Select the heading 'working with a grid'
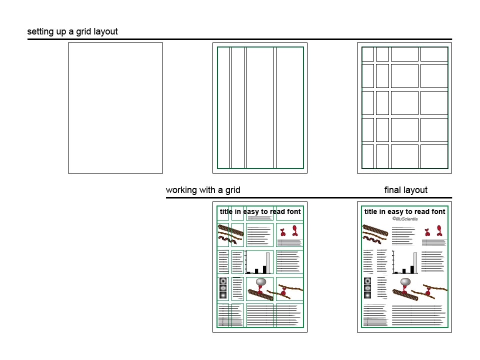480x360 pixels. tap(203, 190)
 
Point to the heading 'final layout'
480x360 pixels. tap(406, 190)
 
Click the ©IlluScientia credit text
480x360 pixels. tap(405, 219)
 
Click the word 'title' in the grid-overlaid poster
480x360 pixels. tap(226, 211)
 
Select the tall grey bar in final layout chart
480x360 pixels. tap(415, 262)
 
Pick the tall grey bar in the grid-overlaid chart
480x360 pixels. tap(268, 262)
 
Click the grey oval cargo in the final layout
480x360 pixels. tap(405, 281)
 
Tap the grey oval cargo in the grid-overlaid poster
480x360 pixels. tap(261, 281)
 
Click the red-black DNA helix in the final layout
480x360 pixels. tap(372, 239)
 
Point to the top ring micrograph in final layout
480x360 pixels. tap(367, 281)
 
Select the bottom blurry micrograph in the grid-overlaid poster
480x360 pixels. tap(223, 295)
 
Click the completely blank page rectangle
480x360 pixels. tap(115, 108)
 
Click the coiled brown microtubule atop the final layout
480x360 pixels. tap(375, 230)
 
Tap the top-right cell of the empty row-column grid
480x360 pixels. tap(434, 54)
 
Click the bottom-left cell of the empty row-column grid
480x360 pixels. tap(368, 156)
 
